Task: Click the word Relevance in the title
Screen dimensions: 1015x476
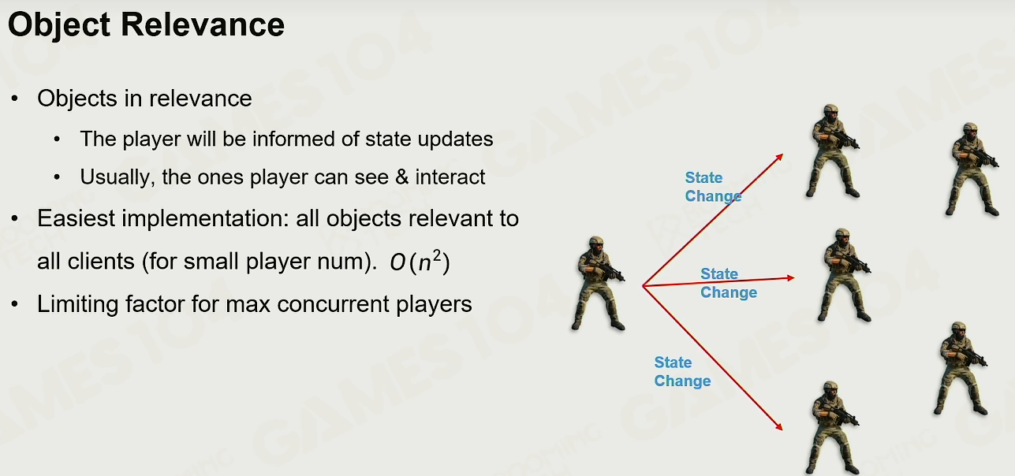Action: pyautogui.click(x=203, y=24)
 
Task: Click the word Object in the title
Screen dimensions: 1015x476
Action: pyautogui.click(x=59, y=26)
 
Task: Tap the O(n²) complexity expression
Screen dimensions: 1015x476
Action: pyautogui.click(x=420, y=261)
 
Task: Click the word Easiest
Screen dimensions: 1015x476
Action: pyautogui.click(x=76, y=218)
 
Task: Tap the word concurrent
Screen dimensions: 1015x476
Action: pyautogui.click(x=333, y=304)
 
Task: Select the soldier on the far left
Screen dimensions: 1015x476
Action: pyautogui.click(x=598, y=283)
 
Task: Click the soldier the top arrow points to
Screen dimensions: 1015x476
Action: pyautogui.click(x=833, y=151)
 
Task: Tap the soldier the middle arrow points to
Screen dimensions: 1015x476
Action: pyautogui.click(x=844, y=275)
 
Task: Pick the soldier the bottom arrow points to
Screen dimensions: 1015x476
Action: pyautogui.click(x=833, y=428)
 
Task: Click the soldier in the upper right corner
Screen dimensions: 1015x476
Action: pyautogui.click(x=972, y=169)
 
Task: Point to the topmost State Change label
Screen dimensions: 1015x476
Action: pyautogui.click(x=713, y=187)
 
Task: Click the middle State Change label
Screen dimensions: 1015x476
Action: pyautogui.click(x=729, y=283)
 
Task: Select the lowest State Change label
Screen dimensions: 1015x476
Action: pyautogui.click(x=682, y=371)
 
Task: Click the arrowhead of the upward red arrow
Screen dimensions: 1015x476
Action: pyautogui.click(x=780, y=157)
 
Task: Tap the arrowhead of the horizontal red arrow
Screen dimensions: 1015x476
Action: pyautogui.click(x=791, y=277)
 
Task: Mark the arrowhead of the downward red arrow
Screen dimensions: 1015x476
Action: pyautogui.click(x=779, y=426)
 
